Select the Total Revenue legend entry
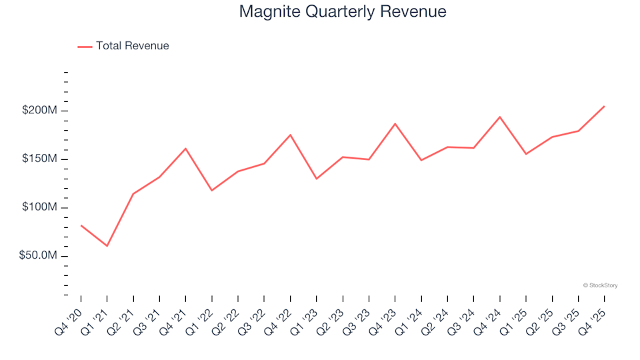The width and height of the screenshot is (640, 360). coord(132,46)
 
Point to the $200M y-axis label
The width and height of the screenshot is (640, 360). coord(39,110)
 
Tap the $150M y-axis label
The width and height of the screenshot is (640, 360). coord(39,159)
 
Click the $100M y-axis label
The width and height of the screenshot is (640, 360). coord(39,207)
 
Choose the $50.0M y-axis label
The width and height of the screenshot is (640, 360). coord(37,256)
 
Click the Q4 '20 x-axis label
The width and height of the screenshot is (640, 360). coord(71,315)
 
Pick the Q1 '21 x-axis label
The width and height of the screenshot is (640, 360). coord(97,315)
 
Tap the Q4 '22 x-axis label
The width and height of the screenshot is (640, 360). coord(281,315)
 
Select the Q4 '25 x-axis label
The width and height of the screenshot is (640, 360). coord(595,315)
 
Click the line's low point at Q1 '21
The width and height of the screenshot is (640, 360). coord(107,246)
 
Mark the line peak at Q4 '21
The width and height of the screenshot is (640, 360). coord(185,148)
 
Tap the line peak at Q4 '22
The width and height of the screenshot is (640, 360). coord(290,135)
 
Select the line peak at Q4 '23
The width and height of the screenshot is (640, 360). coord(395,123)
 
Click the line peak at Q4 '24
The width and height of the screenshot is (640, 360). coord(499,117)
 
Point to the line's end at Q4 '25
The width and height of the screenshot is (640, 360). coord(604,106)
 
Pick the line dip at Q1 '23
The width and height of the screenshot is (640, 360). coord(316,179)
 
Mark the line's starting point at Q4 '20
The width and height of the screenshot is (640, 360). coord(81,225)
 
